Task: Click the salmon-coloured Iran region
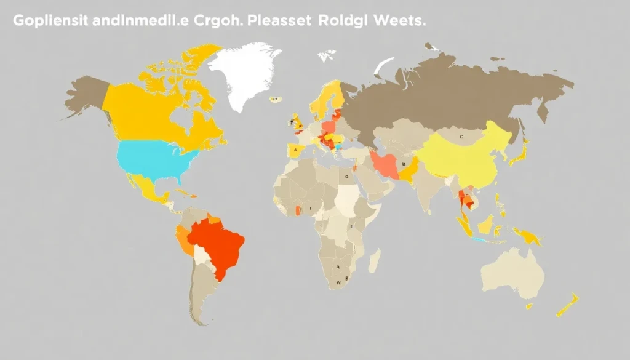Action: click(385, 165)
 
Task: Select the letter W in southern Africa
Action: click(338, 284)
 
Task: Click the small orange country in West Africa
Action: click(298, 210)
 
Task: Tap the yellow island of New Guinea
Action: click(527, 234)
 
